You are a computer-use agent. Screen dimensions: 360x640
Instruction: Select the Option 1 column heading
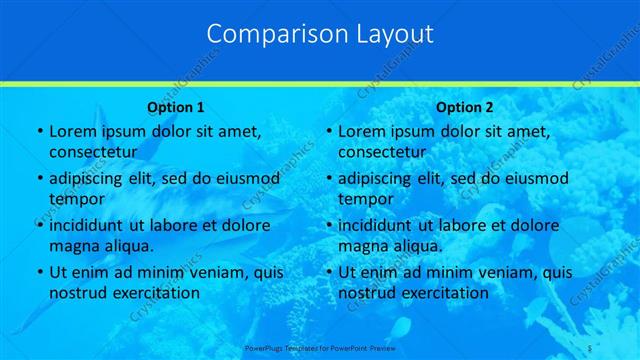click(x=176, y=106)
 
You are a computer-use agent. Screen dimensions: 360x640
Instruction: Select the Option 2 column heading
click(x=465, y=106)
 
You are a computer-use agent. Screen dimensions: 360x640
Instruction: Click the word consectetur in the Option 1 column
click(x=92, y=151)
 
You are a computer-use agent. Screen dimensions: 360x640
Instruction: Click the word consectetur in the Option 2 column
click(x=382, y=151)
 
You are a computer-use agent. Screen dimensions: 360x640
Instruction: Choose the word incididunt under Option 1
click(x=87, y=225)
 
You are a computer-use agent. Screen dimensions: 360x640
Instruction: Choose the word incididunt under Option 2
click(x=377, y=225)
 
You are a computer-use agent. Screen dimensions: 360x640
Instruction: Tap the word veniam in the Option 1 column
click(x=214, y=272)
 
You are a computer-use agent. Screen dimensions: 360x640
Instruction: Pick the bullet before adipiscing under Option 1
click(x=39, y=179)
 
